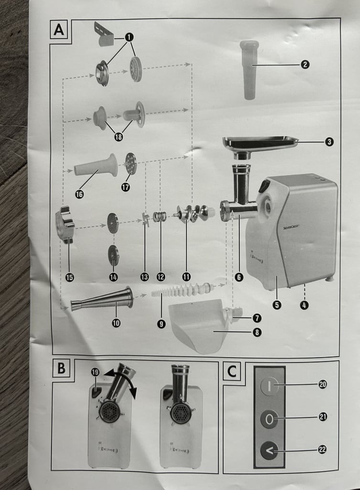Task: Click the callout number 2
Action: [x=305, y=65]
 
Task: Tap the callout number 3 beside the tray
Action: [x=329, y=142]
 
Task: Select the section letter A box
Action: [x=59, y=30]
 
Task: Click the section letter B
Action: [x=62, y=368]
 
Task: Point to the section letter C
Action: [x=232, y=371]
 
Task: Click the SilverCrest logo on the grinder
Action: [x=291, y=227]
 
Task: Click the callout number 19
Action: [x=95, y=372]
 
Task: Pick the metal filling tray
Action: [x=260, y=147]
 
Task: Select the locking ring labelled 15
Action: [x=65, y=225]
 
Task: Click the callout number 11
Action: [x=186, y=277]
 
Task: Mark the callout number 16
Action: [x=79, y=194]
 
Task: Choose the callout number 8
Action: [x=257, y=332]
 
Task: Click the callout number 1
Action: [x=129, y=37]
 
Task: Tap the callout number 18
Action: [x=119, y=136]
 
